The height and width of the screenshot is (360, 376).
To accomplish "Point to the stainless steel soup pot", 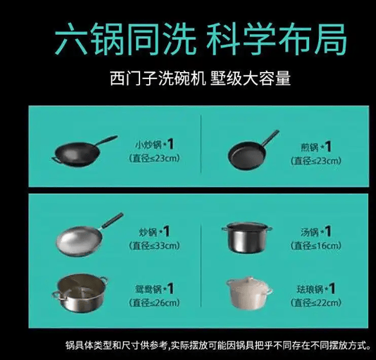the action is point(247,237).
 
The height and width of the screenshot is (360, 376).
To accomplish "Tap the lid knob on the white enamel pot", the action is point(249,279).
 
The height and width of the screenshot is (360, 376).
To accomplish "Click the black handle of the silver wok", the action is point(112,220).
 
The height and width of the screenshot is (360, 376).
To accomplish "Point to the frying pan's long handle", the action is point(270,138).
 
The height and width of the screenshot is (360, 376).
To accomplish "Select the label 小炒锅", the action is point(148,145).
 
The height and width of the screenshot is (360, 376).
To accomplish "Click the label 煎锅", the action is point(310,147).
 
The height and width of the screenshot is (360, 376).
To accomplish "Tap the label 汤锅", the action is point(310,233).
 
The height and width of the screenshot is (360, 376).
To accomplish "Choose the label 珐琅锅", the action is point(310,289).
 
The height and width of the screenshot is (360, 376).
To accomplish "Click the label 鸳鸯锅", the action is point(148,289).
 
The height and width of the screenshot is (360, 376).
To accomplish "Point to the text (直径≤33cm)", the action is point(154,246).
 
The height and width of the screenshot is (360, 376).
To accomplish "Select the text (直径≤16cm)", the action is point(316,246).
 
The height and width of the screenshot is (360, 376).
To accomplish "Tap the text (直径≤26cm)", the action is point(154,303).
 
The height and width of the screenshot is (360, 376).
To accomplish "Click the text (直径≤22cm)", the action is point(316,303).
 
